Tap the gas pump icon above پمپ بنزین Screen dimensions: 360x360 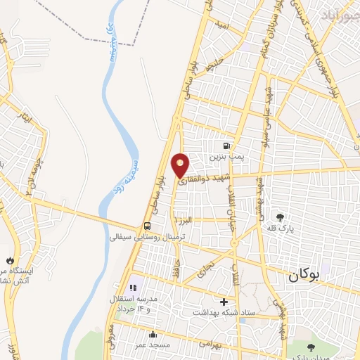225,138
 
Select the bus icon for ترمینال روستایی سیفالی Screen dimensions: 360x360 147,226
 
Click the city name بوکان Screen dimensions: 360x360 303,276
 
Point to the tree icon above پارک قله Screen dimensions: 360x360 281,217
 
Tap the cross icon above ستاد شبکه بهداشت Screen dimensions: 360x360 224,302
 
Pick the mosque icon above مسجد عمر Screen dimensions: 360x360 153,335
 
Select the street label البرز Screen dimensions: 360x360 184,221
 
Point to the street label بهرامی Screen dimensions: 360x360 209,344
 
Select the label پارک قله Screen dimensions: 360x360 281,229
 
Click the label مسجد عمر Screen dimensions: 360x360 153,345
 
